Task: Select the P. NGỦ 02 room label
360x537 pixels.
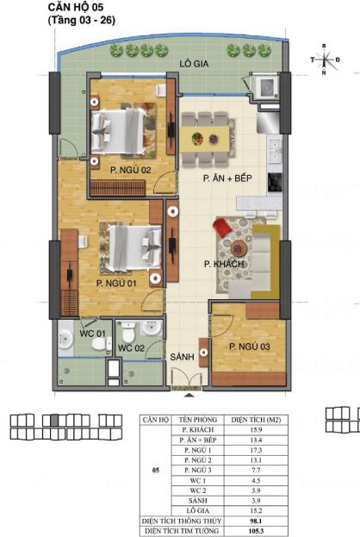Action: click(130, 171)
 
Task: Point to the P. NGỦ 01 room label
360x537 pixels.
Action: click(116, 282)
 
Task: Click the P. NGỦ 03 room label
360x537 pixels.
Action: click(251, 347)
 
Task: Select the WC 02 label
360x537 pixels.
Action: click(130, 347)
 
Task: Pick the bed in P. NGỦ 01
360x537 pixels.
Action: click(131, 244)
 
